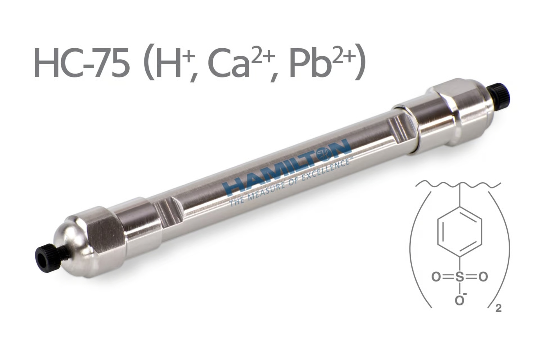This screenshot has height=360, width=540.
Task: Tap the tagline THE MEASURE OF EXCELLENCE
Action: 290,183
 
